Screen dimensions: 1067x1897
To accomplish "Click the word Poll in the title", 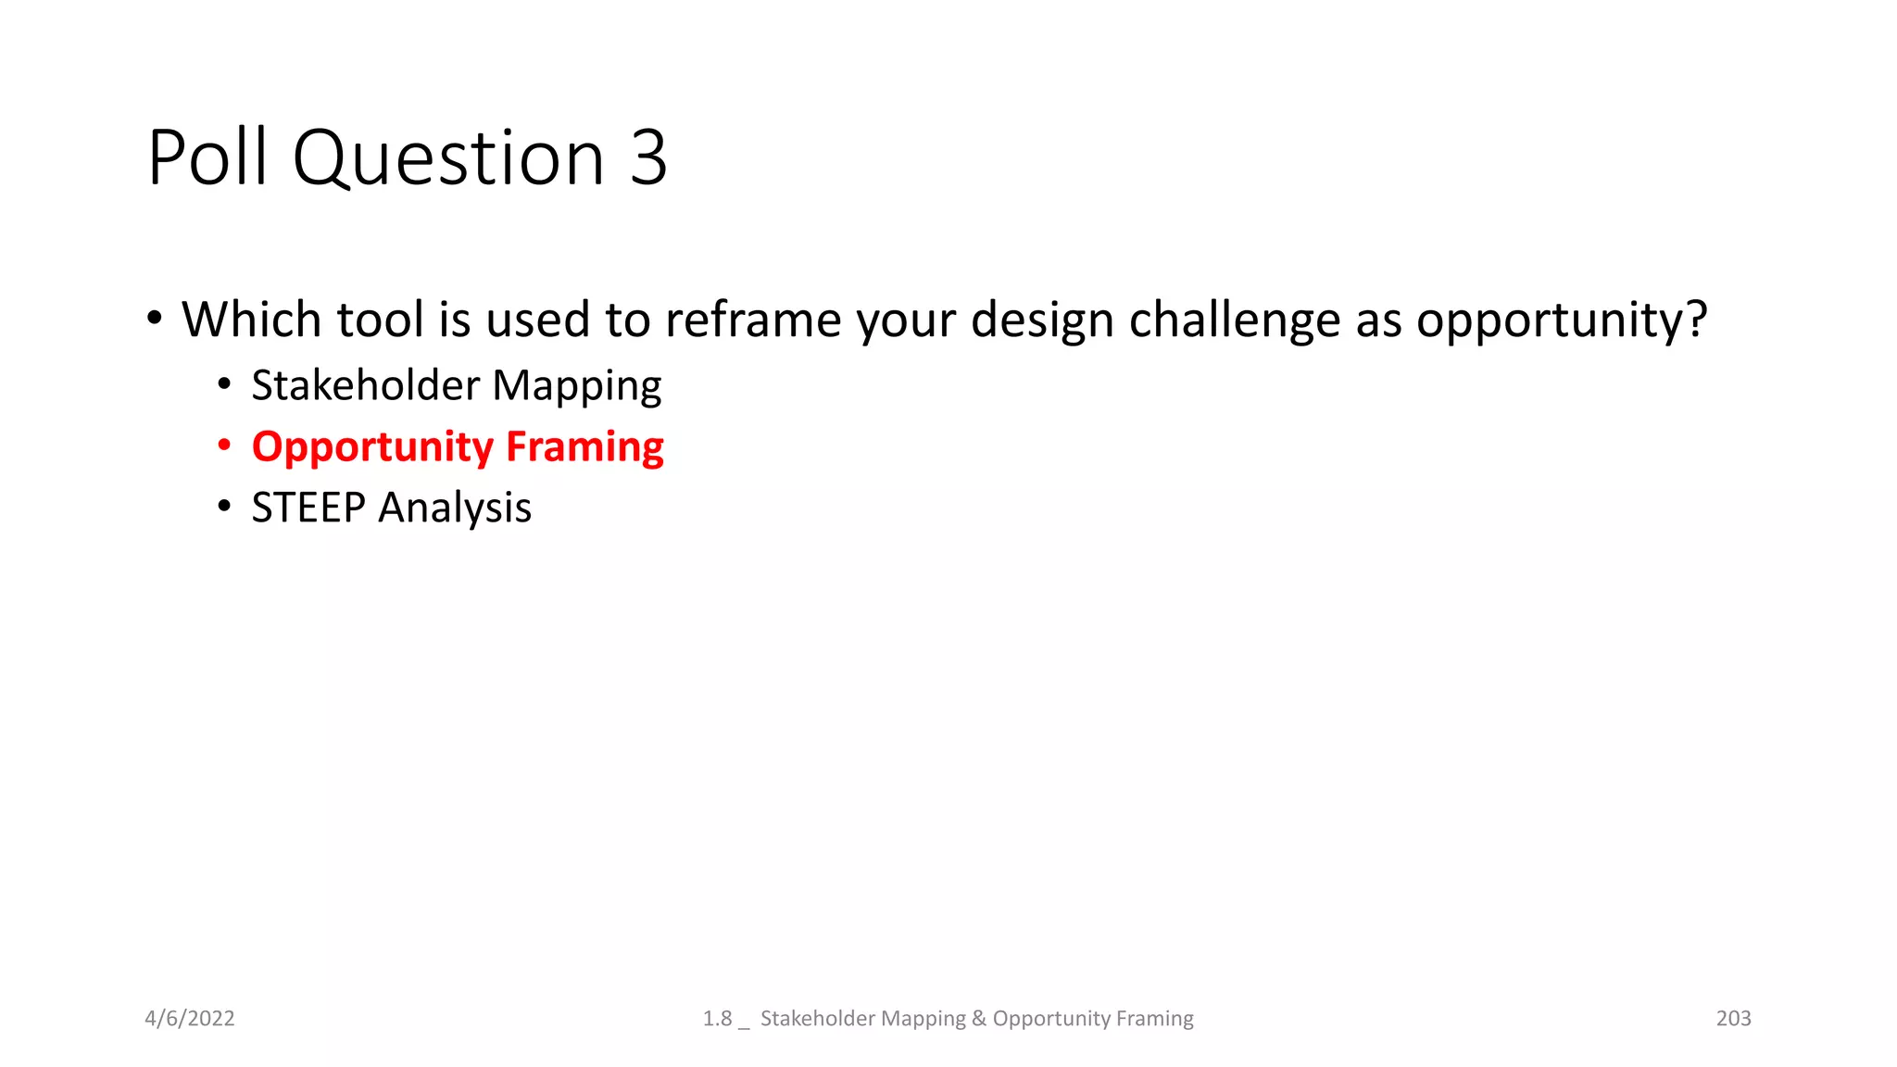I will click(x=207, y=157).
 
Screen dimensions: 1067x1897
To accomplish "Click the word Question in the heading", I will click(x=448, y=159).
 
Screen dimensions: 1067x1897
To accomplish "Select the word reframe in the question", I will click(x=752, y=320).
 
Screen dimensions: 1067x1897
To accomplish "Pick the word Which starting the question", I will click(x=250, y=320).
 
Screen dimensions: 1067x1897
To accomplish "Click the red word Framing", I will click(x=584, y=448).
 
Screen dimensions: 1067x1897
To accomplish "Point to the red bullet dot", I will click(x=224, y=446).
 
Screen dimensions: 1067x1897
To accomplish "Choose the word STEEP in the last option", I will click(x=308, y=508).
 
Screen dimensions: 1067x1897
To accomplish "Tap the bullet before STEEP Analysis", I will click(x=224, y=507).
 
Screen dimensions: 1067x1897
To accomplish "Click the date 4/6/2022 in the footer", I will click(x=190, y=1018).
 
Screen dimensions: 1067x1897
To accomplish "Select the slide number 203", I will click(x=1733, y=1018).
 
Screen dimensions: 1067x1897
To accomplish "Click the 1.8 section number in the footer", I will click(x=717, y=1018).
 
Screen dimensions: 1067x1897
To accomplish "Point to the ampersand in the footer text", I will click(x=978, y=1018).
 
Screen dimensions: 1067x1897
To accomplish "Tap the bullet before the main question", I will click(x=155, y=319).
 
